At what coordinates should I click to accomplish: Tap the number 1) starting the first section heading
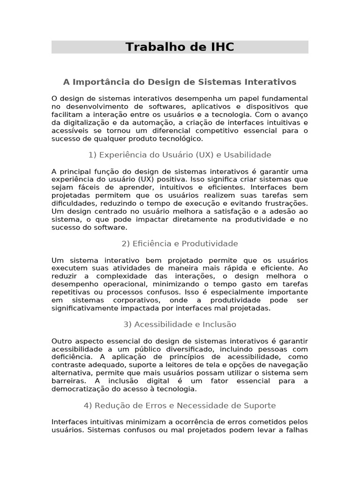[92, 155]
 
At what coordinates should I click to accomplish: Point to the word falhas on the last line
[297, 430]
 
